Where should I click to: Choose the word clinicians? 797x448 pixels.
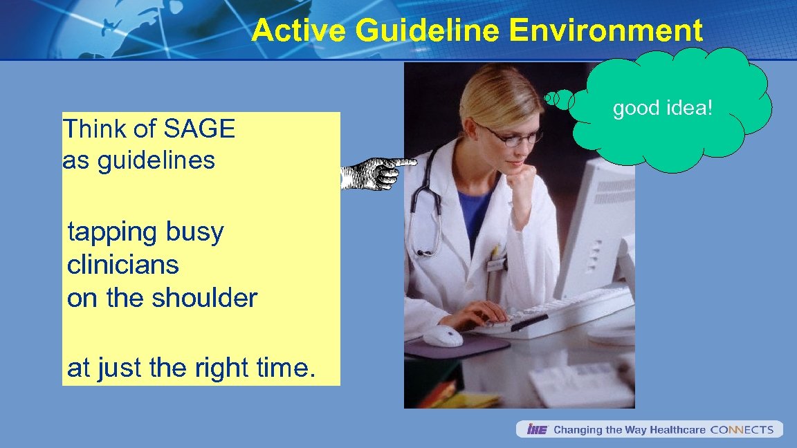[x=123, y=265]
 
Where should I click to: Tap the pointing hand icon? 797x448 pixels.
[x=377, y=173]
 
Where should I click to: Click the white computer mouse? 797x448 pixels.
[x=443, y=335]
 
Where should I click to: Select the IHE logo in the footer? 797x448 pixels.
[x=537, y=430]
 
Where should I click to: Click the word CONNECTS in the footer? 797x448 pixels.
[x=742, y=430]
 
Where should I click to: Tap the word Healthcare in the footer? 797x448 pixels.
[x=677, y=430]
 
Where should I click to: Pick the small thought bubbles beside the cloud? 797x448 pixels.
[x=559, y=99]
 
